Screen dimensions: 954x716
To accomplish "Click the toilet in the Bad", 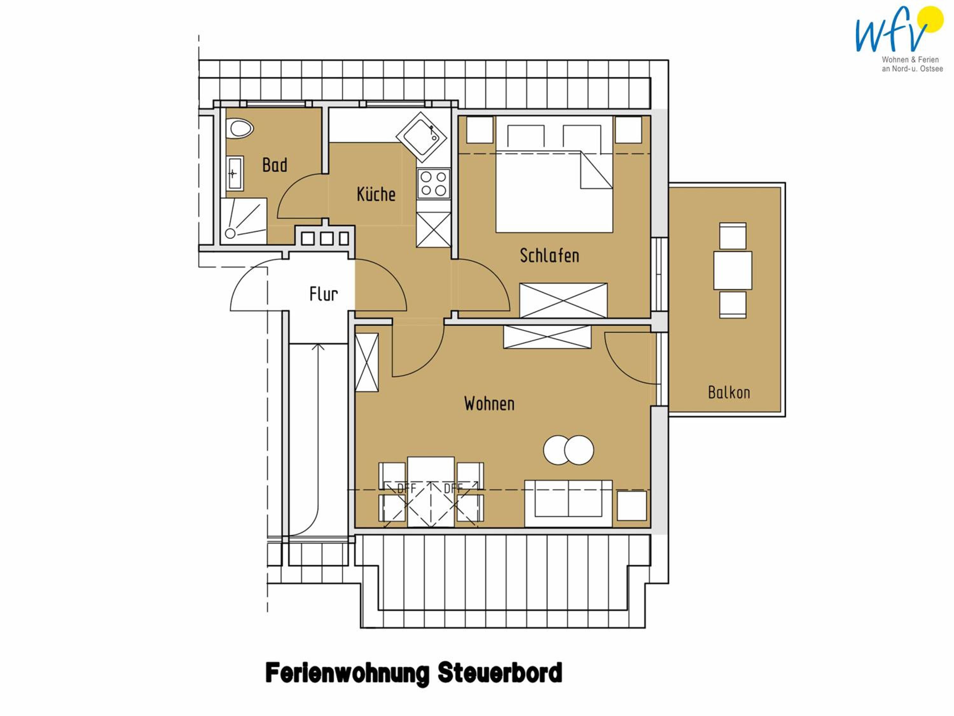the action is click(241, 129).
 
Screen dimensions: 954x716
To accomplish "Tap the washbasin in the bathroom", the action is click(235, 173).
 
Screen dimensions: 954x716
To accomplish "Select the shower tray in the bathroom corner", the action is click(243, 221).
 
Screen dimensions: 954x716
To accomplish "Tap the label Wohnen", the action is click(489, 404).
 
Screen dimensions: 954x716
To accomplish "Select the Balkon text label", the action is click(729, 392).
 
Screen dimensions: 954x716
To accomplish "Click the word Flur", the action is click(323, 294).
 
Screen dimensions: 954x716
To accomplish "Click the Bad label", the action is click(275, 165).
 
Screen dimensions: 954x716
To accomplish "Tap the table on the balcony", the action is click(733, 270).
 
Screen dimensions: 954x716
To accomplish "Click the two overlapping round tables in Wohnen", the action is click(569, 450).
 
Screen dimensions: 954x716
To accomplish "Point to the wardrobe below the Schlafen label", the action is click(563, 300).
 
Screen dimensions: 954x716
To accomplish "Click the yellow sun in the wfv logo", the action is click(931, 19).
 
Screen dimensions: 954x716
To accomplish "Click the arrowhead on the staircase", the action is click(318, 347).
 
